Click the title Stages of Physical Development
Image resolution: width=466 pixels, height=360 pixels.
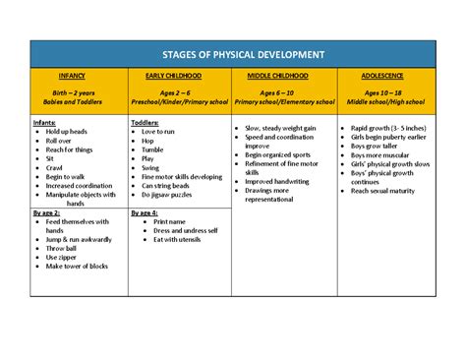233,53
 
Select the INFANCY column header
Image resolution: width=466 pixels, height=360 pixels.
79,75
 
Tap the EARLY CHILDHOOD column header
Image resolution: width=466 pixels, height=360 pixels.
181,75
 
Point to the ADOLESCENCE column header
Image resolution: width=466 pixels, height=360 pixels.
386,75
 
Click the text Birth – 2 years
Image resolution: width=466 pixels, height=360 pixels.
79,91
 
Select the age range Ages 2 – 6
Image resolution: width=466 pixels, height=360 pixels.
181,91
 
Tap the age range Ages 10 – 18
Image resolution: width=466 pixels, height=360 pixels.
386,91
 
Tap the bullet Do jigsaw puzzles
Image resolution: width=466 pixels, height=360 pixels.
173,194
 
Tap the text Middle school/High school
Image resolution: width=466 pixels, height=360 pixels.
386,100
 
